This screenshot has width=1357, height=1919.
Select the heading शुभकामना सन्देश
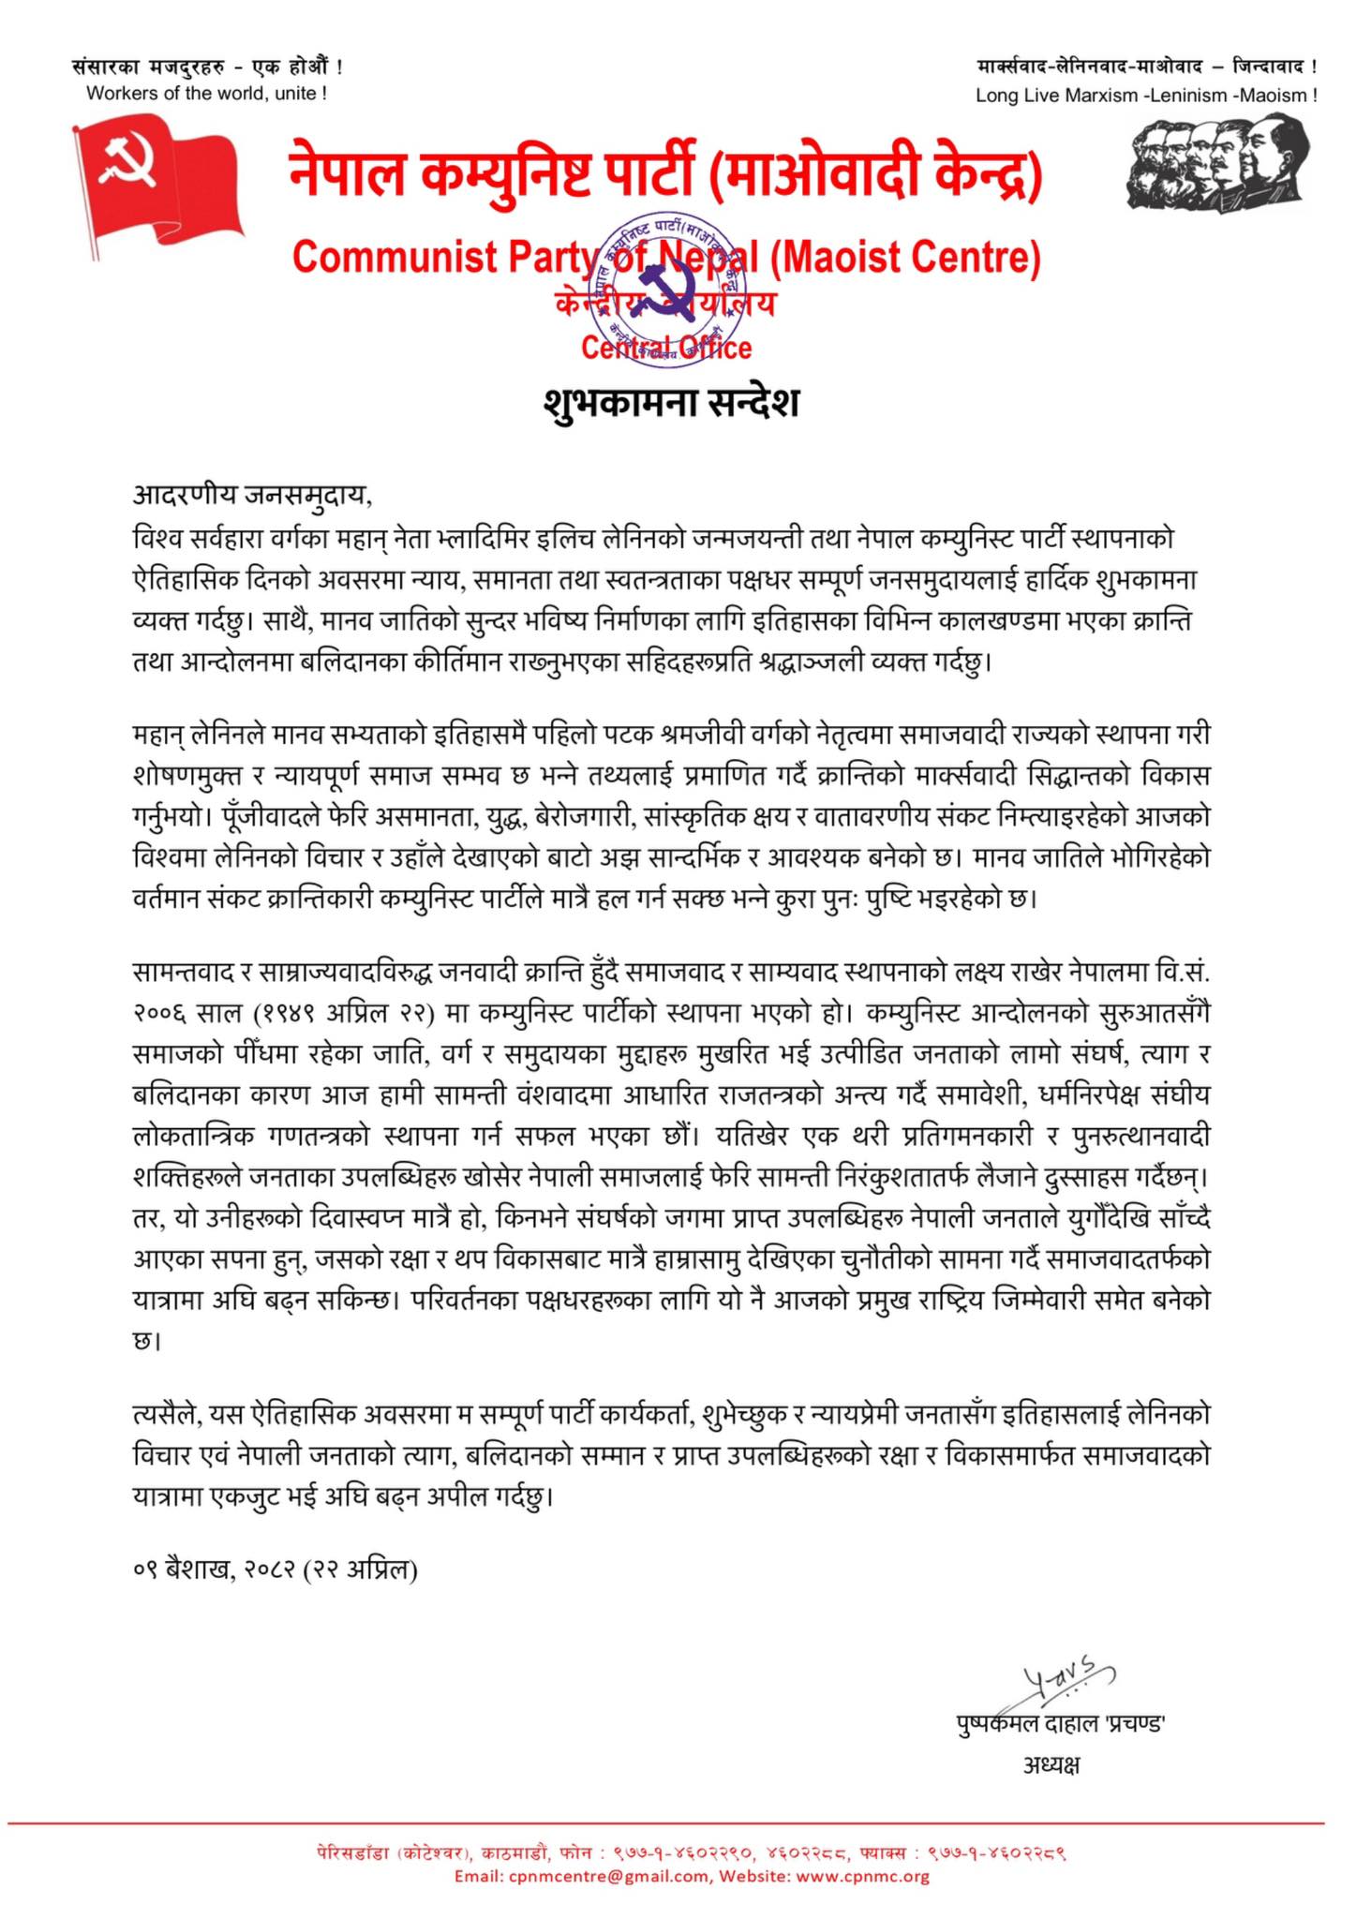[x=671, y=403]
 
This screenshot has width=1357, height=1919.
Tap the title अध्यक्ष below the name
[x=1051, y=1765]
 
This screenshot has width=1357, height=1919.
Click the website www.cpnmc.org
[x=862, y=1876]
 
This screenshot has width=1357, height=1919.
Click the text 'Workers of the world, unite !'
[x=206, y=93]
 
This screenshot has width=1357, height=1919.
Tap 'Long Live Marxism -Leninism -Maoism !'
[x=1146, y=95]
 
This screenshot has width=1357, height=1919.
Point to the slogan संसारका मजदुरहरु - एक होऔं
[x=207, y=67]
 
